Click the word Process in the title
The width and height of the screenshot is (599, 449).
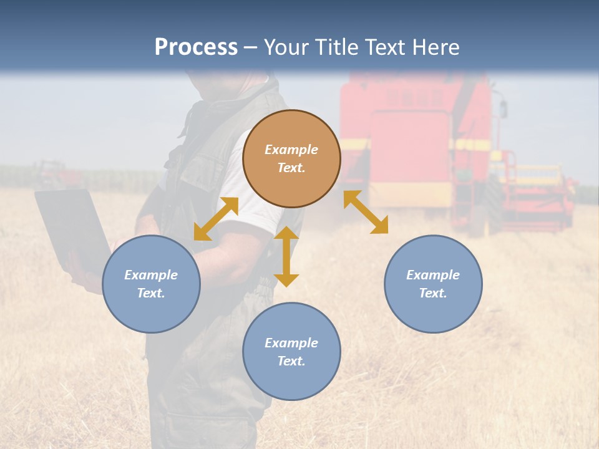[196, 47]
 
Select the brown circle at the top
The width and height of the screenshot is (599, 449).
[291, 159]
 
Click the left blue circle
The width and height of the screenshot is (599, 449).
[151, 284]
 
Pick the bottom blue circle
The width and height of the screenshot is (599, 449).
[291, 352]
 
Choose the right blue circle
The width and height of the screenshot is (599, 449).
[433, 284]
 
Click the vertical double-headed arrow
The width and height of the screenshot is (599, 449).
[286, 256]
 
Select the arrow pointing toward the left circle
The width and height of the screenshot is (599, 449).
[216, 219]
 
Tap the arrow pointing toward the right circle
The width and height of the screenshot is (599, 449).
[366, 212]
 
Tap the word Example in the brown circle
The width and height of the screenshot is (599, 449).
[291, 150]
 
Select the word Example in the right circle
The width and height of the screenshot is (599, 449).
[433, 275]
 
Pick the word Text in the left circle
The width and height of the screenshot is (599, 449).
[150, 293]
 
